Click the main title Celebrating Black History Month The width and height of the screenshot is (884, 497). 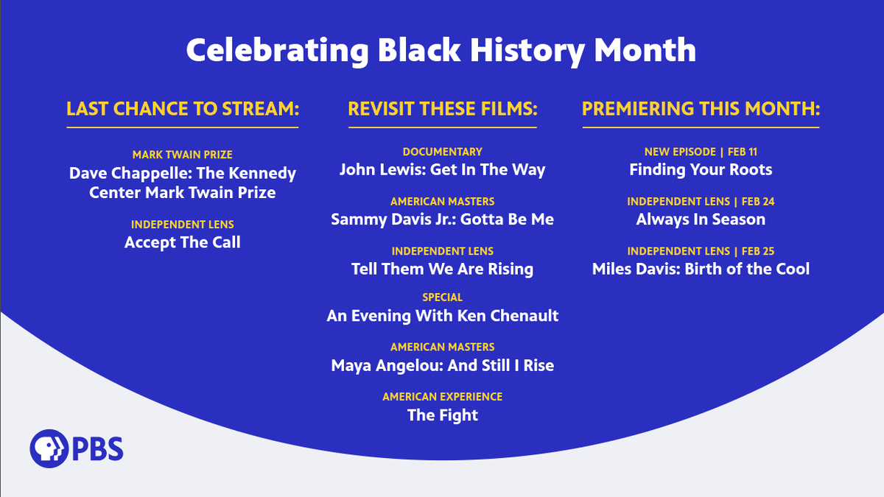coord(441,50)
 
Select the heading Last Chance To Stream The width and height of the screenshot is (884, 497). coord(183,109)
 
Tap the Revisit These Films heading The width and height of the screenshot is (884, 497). coord(443,109)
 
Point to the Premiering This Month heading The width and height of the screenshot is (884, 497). coord(701,109)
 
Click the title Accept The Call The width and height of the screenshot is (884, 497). coord(183,242)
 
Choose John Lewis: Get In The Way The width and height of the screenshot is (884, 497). coord(443,170)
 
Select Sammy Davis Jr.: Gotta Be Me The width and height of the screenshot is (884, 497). coord(443,219)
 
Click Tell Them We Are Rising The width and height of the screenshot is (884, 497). coord(443,269)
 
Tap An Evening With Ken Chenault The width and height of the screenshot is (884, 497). coord(443,316)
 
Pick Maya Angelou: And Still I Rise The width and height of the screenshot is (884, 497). coord(443,365)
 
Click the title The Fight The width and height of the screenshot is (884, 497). coord(443,415)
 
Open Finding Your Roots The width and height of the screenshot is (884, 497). coord(701,170)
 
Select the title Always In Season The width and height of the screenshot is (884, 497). coord(701,219)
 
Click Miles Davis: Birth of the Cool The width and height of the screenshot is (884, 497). coord(701,269)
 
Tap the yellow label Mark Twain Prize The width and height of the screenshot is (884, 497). coord(183,155)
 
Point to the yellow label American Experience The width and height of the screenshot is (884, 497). coord(443,397)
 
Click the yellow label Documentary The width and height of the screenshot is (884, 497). coord(443,152)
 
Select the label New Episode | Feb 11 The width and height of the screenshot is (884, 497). coord(701,152)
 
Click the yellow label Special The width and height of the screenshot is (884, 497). coord(443,297)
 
